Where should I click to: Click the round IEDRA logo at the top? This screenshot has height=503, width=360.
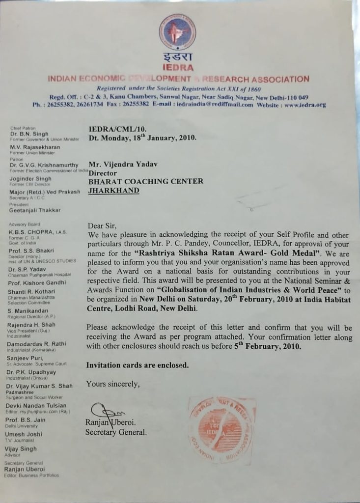177,32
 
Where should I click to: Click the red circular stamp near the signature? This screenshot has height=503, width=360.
222,430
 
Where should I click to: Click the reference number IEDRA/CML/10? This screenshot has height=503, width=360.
114,129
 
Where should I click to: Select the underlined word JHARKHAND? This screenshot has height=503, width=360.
113,190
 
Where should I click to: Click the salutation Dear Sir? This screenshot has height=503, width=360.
102,226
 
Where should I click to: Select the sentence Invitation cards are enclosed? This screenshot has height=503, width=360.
137,365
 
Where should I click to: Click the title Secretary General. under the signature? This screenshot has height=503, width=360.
116,432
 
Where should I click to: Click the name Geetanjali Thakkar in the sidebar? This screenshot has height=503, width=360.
35,210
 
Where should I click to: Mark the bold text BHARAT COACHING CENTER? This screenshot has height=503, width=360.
145,181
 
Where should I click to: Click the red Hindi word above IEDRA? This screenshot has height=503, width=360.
177,58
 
